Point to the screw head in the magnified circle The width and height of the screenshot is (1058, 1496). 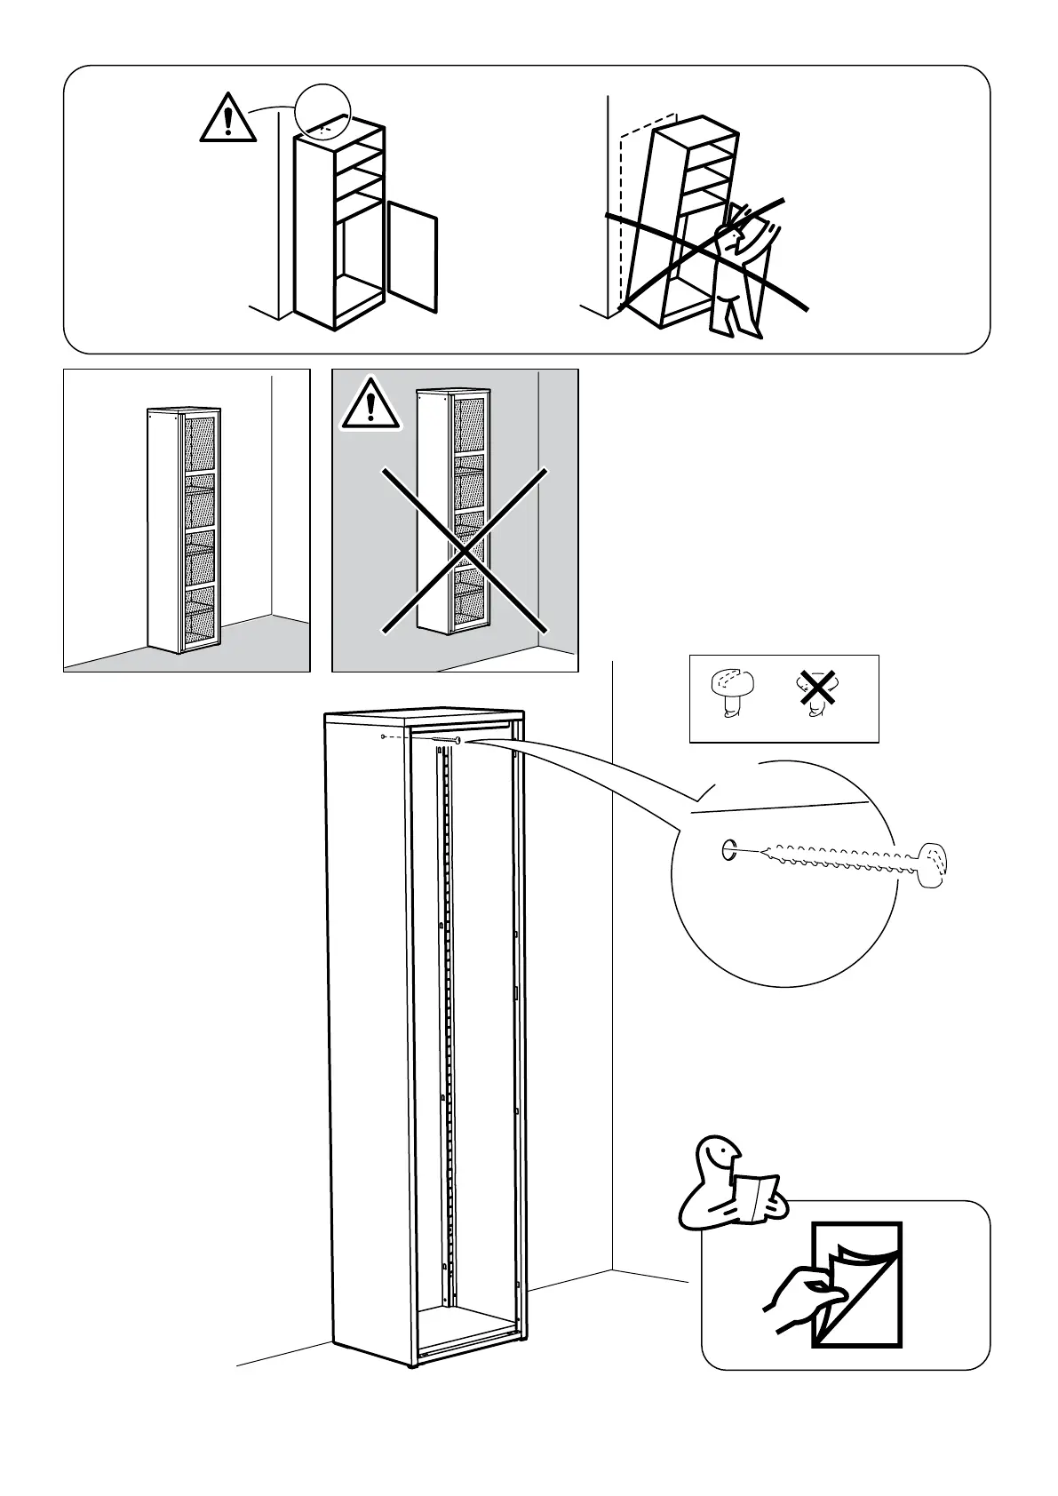[x=933, y=864]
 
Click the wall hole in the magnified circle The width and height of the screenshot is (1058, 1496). [x=728, y=850]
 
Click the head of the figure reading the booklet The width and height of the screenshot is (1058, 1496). [x=720, y=1157]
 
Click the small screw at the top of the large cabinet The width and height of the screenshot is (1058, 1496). [x=445, y=739]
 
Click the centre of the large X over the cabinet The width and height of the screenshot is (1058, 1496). [x=465, y=551]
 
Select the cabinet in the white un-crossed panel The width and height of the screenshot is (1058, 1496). [x=184, y=530]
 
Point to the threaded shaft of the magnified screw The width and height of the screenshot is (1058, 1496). [x=835, y=858]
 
